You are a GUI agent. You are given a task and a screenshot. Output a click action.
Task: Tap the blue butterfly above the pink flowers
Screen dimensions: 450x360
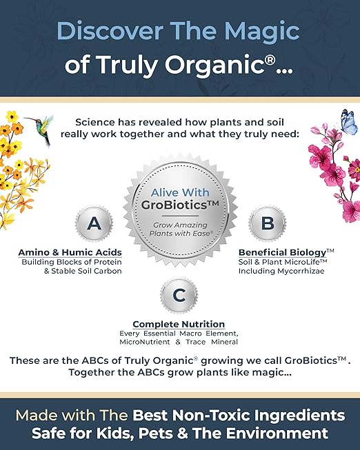[348, 122]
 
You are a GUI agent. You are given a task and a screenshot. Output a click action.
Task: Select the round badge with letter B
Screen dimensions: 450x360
[262, 223]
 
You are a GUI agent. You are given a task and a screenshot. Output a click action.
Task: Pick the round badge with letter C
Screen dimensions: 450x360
[179, 296]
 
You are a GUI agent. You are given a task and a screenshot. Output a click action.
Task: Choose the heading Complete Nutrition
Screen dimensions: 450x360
[179, 324]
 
